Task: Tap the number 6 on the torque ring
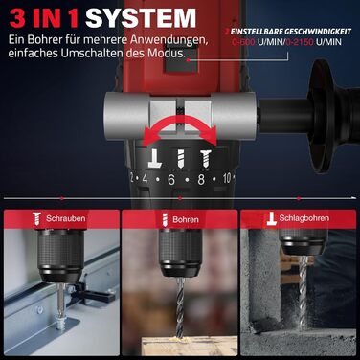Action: click(x=170, y=178)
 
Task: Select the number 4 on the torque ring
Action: click(x=145, y=178)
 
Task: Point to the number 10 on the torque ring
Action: click(x=227, y=177)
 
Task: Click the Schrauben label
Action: click(x=65, y=219)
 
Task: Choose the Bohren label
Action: click(x=186, y=219)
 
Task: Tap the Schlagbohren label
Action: click(x=304, y=219)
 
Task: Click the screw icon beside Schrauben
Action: click(x=36, y=219)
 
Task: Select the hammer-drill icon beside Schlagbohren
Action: click(x=270, y=219)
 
